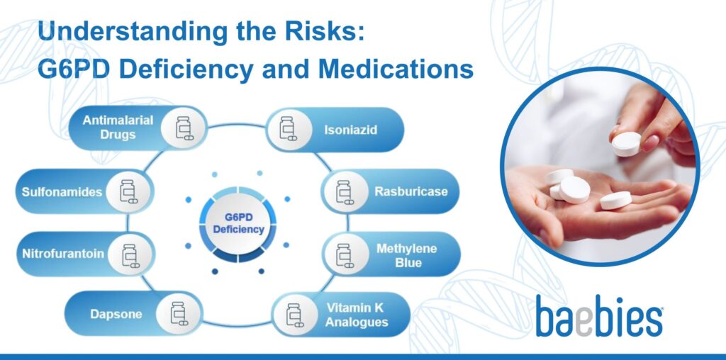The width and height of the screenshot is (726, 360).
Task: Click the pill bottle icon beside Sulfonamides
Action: pos(128,192)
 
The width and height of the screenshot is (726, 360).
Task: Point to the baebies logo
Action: pos(599,315)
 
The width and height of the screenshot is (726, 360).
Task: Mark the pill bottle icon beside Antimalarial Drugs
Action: pos(183,128)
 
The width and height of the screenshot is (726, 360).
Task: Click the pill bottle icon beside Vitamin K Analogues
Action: pos(294,314)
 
